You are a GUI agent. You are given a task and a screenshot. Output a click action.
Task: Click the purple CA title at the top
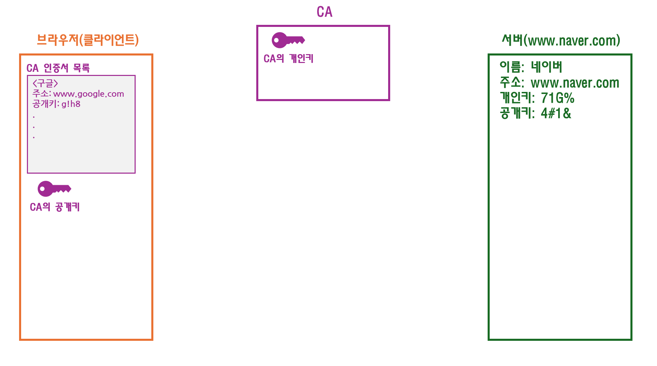(x=324, y=12)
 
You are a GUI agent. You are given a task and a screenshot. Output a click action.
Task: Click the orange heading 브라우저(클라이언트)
(x=88, y=40)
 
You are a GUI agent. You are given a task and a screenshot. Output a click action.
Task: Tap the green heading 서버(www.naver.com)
(x=561, y=41)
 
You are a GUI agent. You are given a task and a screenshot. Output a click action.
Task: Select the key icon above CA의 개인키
(x=288, y=40)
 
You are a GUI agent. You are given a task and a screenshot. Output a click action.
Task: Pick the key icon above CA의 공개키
(x=54, y=189)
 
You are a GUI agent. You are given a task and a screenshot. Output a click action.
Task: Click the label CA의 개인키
(x=288, y=59)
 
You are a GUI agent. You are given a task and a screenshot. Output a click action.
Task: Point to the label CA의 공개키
(x=55, y=207)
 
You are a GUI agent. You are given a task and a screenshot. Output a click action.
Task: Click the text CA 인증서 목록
(x=58, y=68)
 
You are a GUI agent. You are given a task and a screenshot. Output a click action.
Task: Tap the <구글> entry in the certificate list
(x=45, y=83)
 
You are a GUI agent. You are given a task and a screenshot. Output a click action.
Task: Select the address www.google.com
(x=89, y=94)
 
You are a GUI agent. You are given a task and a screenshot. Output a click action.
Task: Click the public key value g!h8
(x=71, y=104)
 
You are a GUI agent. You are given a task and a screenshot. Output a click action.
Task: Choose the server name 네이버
(x=546, y=67)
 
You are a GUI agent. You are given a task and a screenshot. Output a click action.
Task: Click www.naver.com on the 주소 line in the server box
(x=575, y=83)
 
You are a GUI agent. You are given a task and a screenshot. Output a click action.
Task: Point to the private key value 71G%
(x=557, y=98)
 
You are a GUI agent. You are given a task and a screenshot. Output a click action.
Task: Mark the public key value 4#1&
(x=556, y=113)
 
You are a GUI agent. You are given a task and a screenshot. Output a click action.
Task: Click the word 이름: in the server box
(x=512, y=67)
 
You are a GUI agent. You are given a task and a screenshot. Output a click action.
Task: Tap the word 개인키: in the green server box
(x=517, y=98)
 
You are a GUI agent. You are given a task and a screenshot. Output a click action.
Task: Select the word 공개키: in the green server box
(x=517, y=113)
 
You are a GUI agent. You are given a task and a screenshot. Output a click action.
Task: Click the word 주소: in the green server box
(x=512, y=83)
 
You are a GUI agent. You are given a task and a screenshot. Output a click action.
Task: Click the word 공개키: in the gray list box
(x=46, y=104)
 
